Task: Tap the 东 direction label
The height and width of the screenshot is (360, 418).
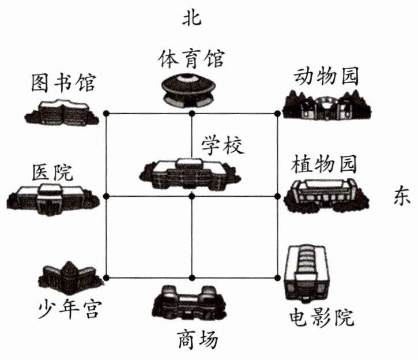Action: (x=401, y=196)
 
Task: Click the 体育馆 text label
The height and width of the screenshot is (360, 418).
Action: (x=191, y=58)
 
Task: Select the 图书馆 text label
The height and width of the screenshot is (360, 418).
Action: (x=63, y=84)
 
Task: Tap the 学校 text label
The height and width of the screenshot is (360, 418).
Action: (x=223, y=144)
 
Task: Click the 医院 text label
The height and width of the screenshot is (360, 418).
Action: (x=54, y=171)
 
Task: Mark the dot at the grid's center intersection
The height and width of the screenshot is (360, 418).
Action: (x=192, y=196)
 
